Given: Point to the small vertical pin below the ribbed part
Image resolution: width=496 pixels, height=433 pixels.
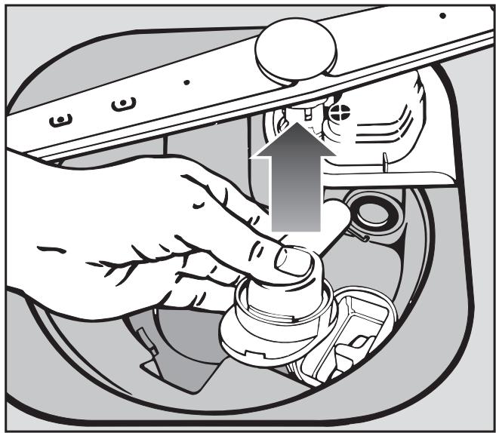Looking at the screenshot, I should (x=383, y=163).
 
